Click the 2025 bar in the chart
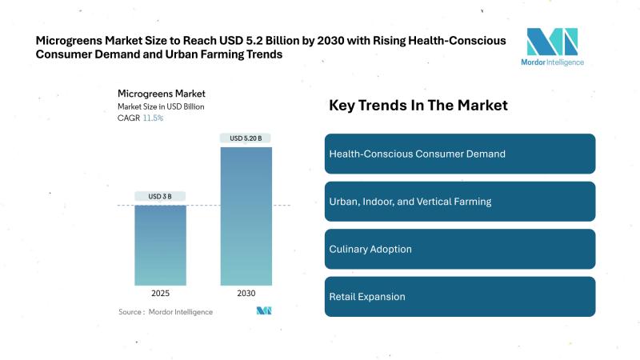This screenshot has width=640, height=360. pyautogui.click(x=160, y=246)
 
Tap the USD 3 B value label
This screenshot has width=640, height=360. pyautogui.click(x=160, y=196)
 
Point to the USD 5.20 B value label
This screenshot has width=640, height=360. pyautogui.click(x=246, y=138)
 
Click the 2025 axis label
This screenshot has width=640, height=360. pyautogui.click(x=160, y=293)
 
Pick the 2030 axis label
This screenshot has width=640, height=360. pyautogui.click(x=246, y=293)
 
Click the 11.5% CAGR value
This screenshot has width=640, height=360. pyautogui.click(x=154, y=118)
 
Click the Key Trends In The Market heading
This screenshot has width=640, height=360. pyautogui.click(x=418, y=106)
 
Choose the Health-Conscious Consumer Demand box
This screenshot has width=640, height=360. pyautogui.click(x=460, y=154)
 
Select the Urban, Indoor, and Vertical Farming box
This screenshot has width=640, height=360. pyautogui.click(x=460, y=201)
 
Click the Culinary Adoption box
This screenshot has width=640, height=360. pyautogui.click(x=460, y=249)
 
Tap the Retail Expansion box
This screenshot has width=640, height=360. pyautogui.click(x=460, y=297)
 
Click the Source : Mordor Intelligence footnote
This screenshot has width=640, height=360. pyautogui.click(x=166, y=311)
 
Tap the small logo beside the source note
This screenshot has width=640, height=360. pyautogui.click(x=264, y=310)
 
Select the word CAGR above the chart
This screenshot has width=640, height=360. pyautogui.click(x=128, y=118)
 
